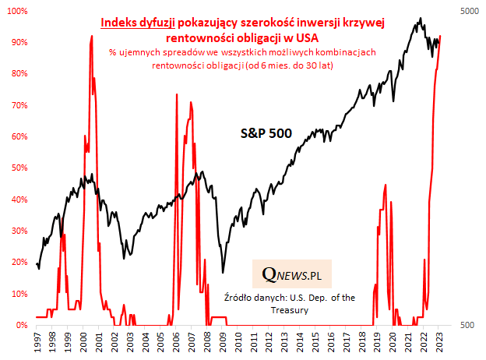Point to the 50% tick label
(x=17, y=168)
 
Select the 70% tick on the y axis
(x=17, y=105)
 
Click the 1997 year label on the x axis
(x=37, y=342)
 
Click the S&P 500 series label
(x=265, y=133)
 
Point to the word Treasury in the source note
(x=290, y=309)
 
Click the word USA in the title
(x=305, y=37)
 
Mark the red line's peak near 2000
(x=92, y=36)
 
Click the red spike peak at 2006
(x=177, y=94)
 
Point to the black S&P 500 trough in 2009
(x=223, y=272)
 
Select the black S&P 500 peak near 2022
(x=421, y=19)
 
